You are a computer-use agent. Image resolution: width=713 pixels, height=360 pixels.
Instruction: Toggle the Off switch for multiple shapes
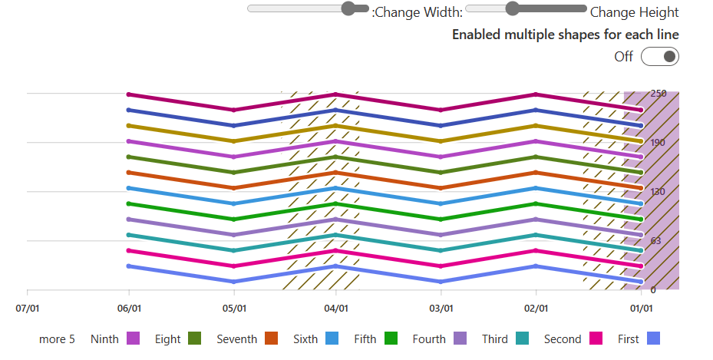point(660,57)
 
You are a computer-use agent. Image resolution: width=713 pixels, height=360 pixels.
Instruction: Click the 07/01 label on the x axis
point(27,309)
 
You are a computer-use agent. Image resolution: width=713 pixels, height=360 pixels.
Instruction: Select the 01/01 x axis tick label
point(641,309)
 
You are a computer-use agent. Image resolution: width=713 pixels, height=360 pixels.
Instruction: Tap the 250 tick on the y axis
point(659,94)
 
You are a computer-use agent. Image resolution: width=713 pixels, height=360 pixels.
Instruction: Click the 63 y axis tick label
point(657,241)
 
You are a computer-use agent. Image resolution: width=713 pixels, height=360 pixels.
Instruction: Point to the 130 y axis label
point(659,192)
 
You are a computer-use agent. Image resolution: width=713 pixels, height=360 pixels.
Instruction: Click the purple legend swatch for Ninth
point(133,339)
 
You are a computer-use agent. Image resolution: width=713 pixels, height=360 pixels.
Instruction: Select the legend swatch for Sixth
point(332,339)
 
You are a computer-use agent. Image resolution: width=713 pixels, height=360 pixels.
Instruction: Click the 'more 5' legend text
point(57,339)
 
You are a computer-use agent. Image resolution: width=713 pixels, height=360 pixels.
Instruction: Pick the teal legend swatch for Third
point(523,339)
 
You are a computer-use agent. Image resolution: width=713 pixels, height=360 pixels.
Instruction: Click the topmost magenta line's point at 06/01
point(129,94)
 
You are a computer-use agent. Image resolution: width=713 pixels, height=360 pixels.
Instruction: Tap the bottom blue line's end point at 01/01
point(640,282)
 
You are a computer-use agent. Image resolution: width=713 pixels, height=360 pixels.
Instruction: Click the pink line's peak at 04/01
point(335,251)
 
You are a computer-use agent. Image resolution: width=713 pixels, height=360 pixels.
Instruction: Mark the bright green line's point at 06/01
point(129,204)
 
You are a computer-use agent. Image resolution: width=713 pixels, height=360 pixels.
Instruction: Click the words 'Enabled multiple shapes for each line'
point(565,35)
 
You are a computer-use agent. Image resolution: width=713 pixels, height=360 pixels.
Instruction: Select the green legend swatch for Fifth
point(391,339)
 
